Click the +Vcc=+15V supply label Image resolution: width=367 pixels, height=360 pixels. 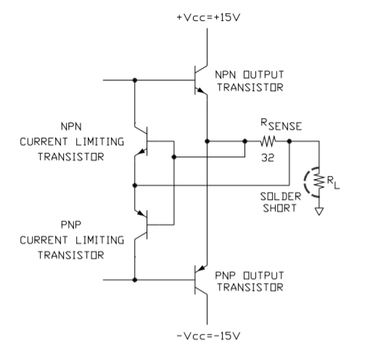(x=209, y=17)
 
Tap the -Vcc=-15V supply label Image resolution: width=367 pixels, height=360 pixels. (x=209, y=336)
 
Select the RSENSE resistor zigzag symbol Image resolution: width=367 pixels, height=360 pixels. (x=268, y=141)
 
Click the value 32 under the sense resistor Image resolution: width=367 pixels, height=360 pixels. (x=268, y=158)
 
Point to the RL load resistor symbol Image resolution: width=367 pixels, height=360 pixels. (x=319, y=181)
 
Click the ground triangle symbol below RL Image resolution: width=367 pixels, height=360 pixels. (x=319, y=212)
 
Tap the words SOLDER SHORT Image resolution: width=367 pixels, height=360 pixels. (x=281, y=202)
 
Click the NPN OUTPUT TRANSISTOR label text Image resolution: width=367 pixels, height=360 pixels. (x=250, y=81)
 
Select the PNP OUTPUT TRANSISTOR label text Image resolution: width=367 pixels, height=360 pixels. (x=250, y=281)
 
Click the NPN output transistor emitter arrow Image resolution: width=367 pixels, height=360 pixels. (x=201, y=91)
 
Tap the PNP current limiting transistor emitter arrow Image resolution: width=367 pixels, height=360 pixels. (x=141, y=214)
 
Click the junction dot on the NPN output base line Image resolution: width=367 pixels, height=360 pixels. (x=135, y=80)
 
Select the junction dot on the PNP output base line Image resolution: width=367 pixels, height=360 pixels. (x=135, y=280)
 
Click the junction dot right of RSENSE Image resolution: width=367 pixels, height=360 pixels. (x=289, y=141)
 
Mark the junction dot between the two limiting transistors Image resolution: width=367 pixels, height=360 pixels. (x=135, y=185)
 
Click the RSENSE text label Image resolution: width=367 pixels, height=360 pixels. (x=281, y=125)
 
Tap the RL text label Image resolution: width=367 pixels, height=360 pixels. (x=334, y=183)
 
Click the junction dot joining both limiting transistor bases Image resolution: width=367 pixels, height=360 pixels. (x=174, y=157)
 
